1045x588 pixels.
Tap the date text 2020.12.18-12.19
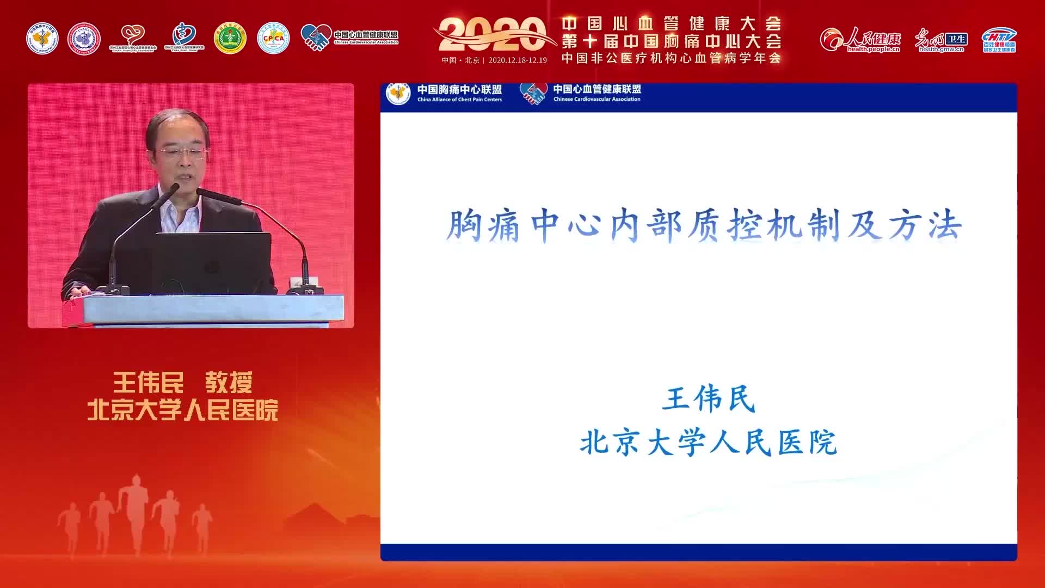point(518,60)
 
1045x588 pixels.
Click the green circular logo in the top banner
point(230,38)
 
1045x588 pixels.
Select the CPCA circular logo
point(273,38)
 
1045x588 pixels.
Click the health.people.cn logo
point(860,40)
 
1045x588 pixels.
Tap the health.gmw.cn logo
point(941,40)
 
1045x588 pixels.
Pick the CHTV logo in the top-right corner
point(999,40)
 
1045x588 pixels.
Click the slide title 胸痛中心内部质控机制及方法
point(704,225)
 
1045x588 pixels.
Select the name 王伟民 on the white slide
point(709,399)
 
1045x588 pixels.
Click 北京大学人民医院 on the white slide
point(708,442)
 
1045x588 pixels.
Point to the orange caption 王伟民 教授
point(183,383)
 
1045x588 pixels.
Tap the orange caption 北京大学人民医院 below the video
point(183,410)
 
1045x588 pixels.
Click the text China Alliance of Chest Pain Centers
point(459,100)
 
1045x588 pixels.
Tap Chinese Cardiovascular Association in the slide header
point(597,100)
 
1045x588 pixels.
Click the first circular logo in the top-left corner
point(42,38)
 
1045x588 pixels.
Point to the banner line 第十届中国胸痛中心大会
point(672,41)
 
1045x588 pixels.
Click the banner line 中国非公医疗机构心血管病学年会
point(672,58)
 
